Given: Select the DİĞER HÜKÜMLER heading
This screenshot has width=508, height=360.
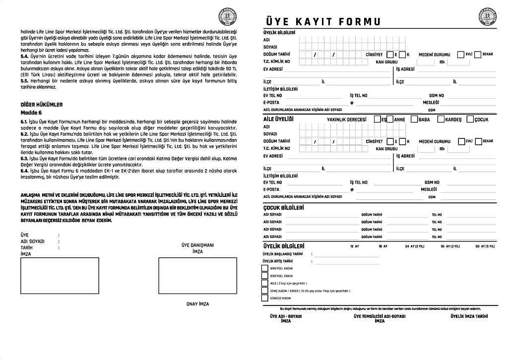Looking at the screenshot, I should click(42, 105).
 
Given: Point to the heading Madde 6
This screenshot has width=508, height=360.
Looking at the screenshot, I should click(31, 113).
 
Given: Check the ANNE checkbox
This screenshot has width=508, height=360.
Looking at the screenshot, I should click(390, 120).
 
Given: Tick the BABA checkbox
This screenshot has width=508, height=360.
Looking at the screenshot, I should click(415, 120).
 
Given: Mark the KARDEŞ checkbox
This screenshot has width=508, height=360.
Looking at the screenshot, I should click(441, 120).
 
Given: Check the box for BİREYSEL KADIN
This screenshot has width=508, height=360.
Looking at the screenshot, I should click(264, 268).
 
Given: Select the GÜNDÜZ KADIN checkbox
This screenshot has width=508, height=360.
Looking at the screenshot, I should click(264, 299).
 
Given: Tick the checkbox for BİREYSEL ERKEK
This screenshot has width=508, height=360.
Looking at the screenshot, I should click(264, 276).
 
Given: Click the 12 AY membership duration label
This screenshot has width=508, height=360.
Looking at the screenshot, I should click(354, 246).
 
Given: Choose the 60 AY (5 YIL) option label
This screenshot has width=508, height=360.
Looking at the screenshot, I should click(485, 246).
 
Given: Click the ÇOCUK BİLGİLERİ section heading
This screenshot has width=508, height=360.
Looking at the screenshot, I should click(283, 208).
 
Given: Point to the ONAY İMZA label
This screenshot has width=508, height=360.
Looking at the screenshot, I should click(197, 304).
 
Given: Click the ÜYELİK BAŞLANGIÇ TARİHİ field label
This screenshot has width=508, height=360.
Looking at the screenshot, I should click(282, 254).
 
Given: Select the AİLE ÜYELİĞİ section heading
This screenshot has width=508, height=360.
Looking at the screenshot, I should click(278, 120).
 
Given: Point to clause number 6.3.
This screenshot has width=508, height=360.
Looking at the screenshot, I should click(24, 159).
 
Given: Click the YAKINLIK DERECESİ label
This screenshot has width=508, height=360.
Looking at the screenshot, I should click(346, 120).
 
